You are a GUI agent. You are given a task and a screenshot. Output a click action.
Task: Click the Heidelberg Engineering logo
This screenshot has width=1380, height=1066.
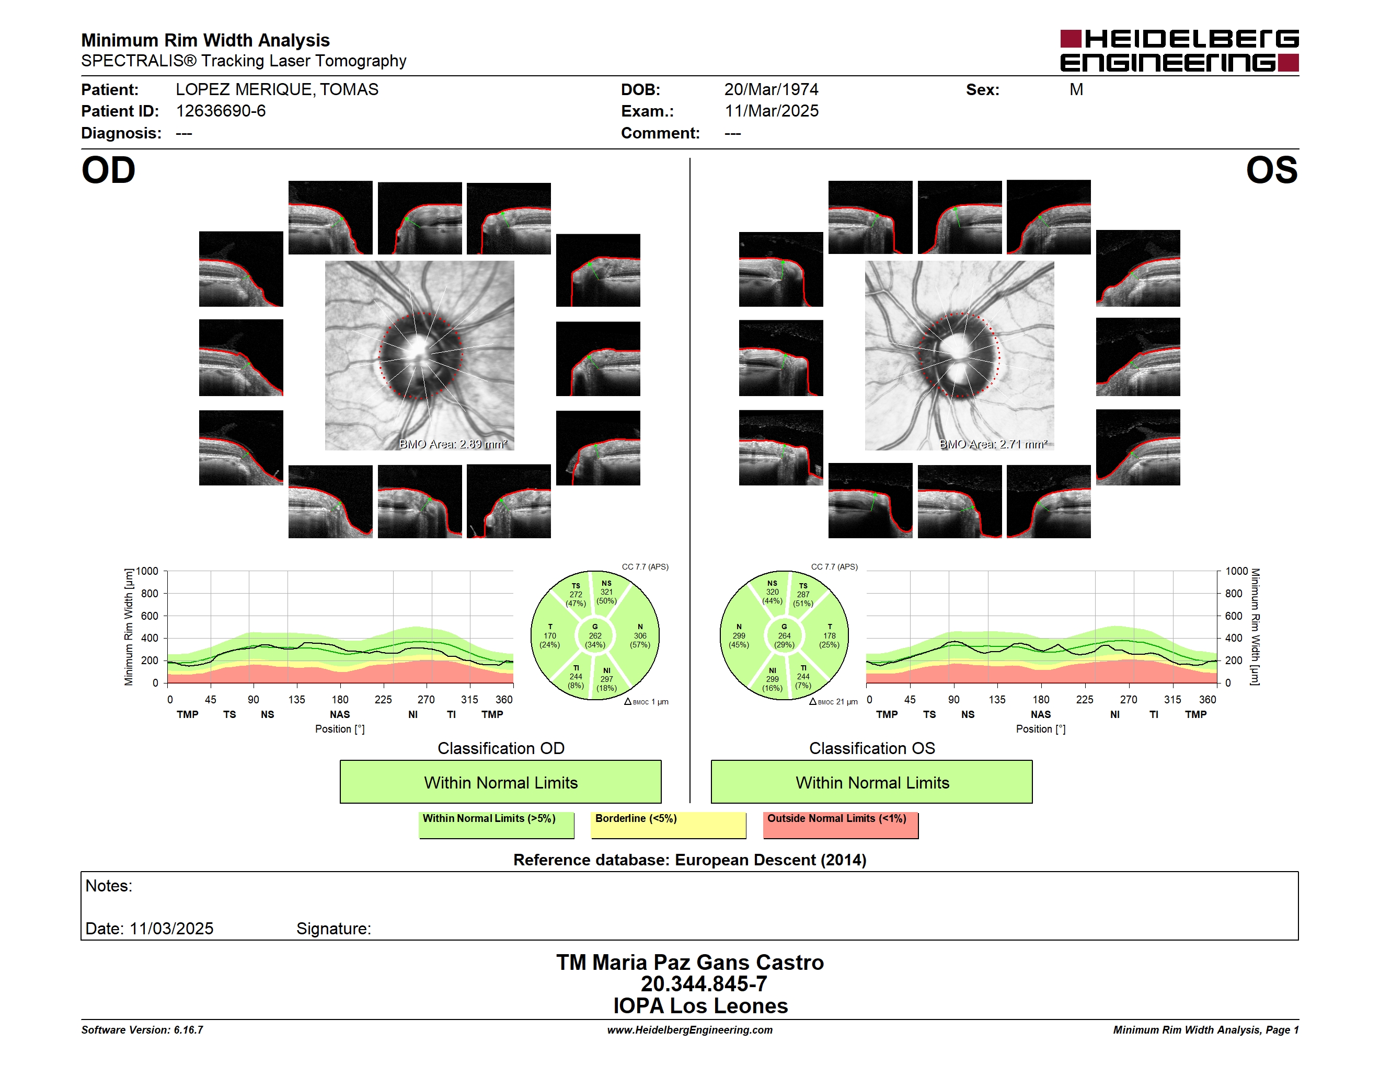click(x=1179, y=51)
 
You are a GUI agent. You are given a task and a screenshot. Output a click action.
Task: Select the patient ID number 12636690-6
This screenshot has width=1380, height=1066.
click(x=221, y=111)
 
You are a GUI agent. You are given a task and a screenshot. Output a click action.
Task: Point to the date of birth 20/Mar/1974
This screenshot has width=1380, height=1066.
click(x=771, y=90)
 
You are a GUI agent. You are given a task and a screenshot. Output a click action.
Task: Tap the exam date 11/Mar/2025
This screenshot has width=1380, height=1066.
click(x=771, y=111)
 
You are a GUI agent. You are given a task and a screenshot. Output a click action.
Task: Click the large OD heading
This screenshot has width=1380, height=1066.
click(x=108, y=170)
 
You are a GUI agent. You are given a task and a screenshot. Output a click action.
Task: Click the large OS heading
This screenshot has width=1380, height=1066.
click(x=1271, y=170)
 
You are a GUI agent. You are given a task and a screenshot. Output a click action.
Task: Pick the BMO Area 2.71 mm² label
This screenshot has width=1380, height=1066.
click(x=993, y=444)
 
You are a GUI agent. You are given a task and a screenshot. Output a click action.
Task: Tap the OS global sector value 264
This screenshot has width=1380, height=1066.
click(x=784, y=636)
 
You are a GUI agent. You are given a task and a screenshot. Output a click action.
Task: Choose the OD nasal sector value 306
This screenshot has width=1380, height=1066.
click(x=640, y=636)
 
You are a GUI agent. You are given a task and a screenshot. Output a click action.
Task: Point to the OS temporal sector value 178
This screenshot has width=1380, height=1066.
click(x=830, y=636)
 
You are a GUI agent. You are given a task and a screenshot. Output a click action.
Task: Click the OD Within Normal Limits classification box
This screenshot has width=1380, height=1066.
click(x=500, y=782)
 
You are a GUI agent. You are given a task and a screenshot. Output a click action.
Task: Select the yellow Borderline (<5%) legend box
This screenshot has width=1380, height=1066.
click(x=669, y=825)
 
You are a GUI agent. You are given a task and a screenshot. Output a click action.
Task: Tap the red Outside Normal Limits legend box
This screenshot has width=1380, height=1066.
click(x=841, y=825)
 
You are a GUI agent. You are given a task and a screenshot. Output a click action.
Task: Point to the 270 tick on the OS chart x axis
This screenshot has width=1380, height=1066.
click(x=1129, y=700)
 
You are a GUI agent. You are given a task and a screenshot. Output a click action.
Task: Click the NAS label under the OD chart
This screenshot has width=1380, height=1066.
click(x=340, y=714)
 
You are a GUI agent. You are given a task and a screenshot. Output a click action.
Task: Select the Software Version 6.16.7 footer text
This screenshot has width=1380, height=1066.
click(x=142, y=1030)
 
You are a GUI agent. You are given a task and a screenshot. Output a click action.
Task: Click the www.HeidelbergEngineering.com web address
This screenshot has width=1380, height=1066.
click(x=690, y=1030)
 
